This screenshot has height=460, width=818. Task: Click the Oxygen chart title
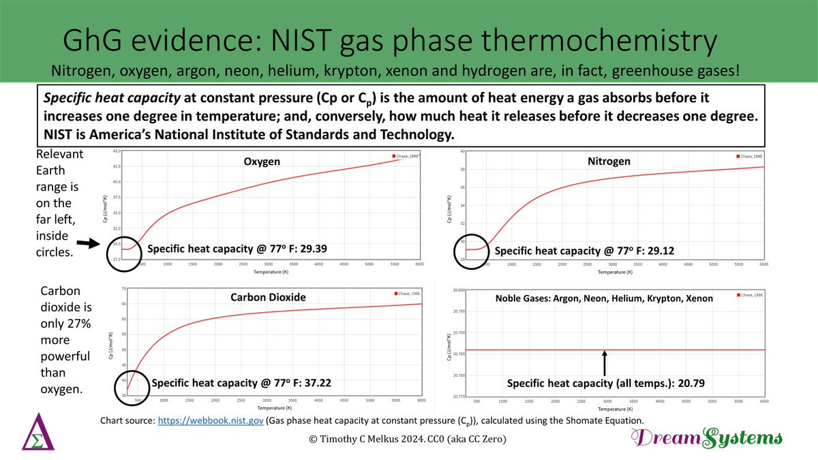pos(262,162)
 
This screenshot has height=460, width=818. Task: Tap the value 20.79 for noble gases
pos(690,384)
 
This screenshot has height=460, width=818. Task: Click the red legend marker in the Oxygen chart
pos(393,156)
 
